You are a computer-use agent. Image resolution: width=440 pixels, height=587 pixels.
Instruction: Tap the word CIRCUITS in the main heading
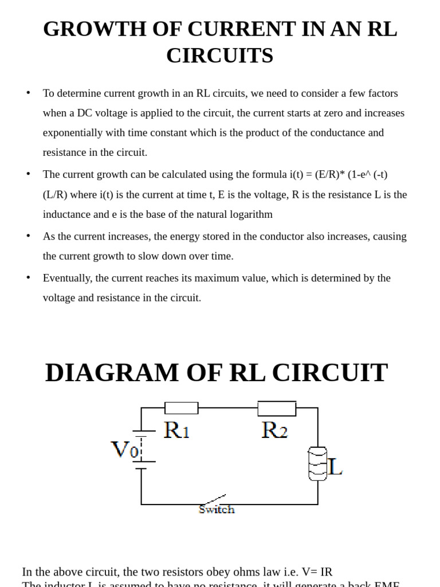tap(219, 56)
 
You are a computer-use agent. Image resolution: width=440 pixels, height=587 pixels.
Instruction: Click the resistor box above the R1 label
tap(182, 408)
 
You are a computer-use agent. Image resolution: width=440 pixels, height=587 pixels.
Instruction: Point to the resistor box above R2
tap(277, 409)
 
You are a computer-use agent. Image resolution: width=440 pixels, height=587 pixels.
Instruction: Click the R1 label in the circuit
tap(176, 430)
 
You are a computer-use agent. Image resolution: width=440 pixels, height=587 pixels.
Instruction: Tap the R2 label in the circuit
tap(274, 430)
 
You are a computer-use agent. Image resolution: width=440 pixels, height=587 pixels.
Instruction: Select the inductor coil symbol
tap(317, 463)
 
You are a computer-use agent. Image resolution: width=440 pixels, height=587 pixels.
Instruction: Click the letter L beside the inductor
tap(335, 467)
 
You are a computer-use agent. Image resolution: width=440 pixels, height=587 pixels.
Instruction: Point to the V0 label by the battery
tap(124, 449)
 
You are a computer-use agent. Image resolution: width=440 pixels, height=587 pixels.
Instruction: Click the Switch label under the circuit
tap(217, 509)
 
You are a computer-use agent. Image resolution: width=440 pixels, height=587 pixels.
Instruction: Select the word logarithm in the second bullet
tap(249, 214)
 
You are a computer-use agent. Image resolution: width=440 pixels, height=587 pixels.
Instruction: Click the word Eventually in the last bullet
tap(66, 278)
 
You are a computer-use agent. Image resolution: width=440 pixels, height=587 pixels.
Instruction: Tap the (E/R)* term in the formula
tap(330, 174)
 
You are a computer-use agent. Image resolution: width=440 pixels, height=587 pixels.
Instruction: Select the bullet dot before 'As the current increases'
tap(28, 235)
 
